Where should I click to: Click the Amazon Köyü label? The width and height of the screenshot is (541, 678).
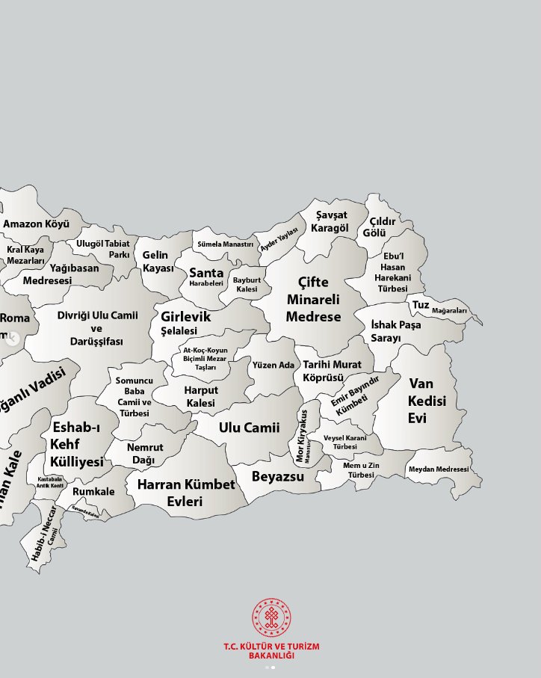[37, 224]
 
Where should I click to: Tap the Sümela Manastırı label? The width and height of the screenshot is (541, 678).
[225, 244]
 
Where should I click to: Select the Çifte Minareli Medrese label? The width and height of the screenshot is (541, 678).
[314, 300]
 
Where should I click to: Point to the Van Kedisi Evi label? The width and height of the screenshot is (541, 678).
[427, 401]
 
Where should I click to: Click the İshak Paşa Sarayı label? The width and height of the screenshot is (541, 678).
[396, 331]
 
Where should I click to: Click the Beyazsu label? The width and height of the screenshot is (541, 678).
[278, 476]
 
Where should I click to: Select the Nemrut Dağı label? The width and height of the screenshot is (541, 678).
[145, 453]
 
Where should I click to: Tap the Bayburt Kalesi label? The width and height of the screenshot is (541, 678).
[247, 285]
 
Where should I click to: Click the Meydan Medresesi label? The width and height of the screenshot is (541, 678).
[439, 469]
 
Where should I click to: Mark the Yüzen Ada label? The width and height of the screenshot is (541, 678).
[273, 365]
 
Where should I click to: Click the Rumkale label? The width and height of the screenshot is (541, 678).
[94, 492]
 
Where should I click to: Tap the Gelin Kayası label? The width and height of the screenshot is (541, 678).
[158, 262]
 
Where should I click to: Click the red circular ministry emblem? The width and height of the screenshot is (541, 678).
[270, 617]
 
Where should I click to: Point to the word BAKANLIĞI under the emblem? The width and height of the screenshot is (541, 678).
[270, 656]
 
